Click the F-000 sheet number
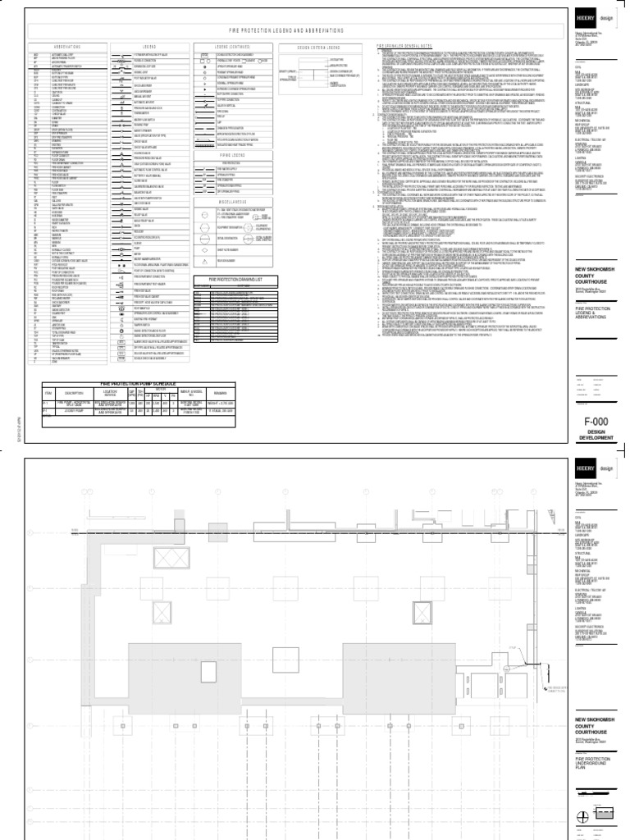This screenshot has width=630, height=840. pyautogui.click(x=596, y=422)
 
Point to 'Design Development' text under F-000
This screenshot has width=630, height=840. pyautogui.click(x=596, y=439)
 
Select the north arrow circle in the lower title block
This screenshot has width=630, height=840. pyautogui.click(x=583, y=815)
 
